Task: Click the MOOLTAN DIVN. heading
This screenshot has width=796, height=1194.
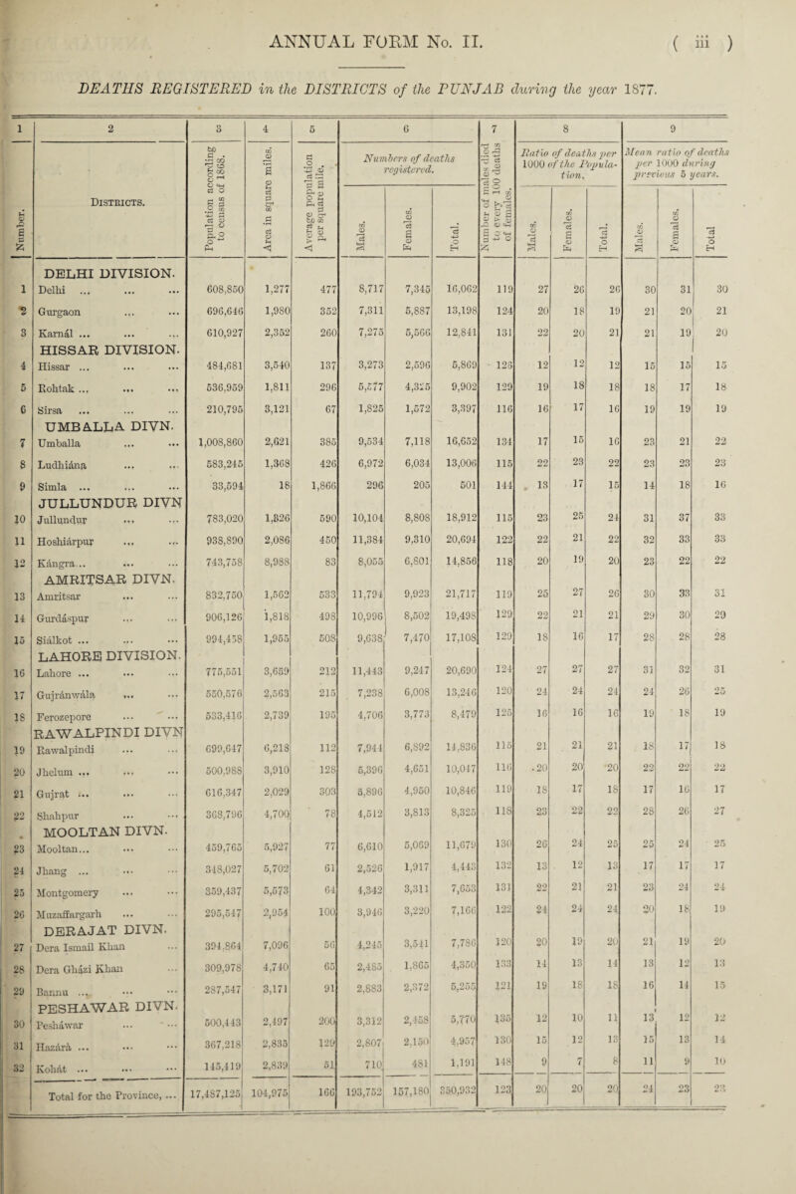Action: [x=105, y=837]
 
